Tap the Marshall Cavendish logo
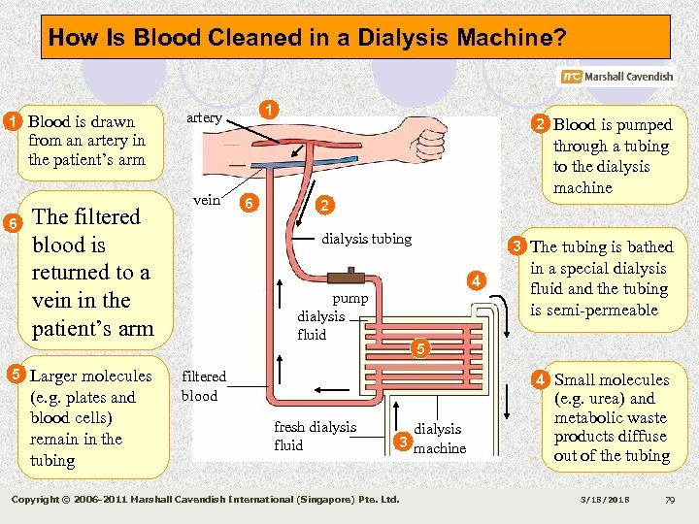click(x=616, y=77)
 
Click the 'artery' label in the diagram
click(x=204, y=117)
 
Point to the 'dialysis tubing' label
click(x=366, y=239)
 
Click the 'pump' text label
click(x=349, y=299)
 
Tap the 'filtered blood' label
click(x=203, y=385)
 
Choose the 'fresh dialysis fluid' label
click(x=315, y=436)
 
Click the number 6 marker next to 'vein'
click(x=250, y=204)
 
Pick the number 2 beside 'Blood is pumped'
click(x=539, y=123)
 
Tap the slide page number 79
click(x=670, y=500)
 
